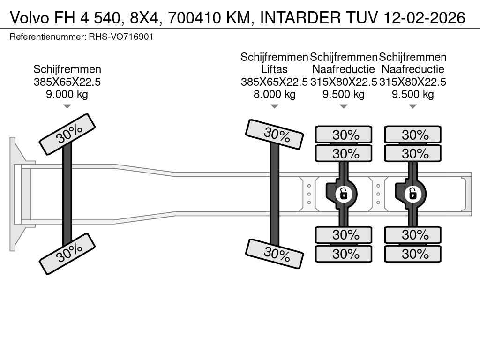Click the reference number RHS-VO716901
click(121, 37)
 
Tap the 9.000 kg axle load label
click(67, 94)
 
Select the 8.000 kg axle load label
click(274, 94)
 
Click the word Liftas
click(274, 70)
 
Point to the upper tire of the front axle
click(67, 134)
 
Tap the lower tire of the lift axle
click(275, 253)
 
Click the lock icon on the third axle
click(344, 193)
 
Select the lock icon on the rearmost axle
click(413, 193)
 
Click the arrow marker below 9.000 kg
click(67, 106)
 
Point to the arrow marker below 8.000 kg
click(274, 106)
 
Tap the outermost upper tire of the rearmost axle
click(412, 135)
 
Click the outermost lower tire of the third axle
click(344, 254)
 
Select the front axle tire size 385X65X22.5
click(67, 82)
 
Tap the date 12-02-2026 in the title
click(424, 17)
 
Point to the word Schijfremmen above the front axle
click(67, 69)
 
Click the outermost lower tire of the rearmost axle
click(412, 254)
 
